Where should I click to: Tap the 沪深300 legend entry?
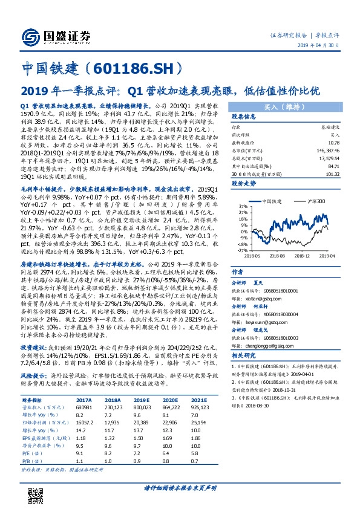coord(312,200)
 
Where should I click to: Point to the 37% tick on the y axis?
coord(240,207)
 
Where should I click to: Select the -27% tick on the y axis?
coord(239,250)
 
